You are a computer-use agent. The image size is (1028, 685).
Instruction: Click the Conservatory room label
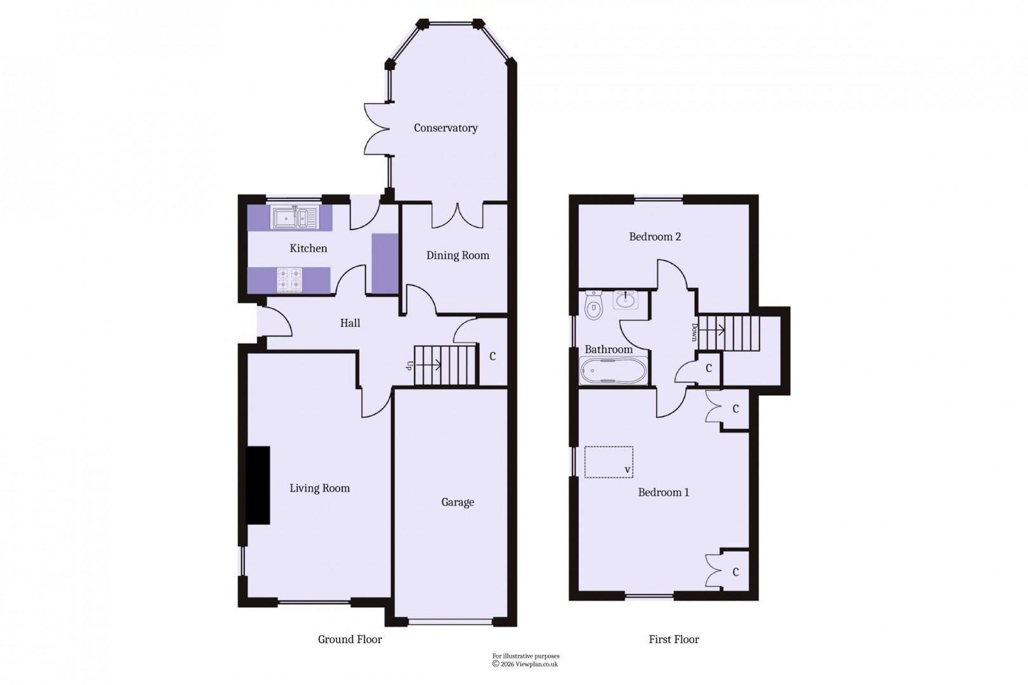pos(445,128)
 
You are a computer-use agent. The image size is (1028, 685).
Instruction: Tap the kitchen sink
pos(295,218)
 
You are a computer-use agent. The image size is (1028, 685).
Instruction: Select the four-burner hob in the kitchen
pos(289,280)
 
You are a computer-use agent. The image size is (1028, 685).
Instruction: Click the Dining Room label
pos(458,256)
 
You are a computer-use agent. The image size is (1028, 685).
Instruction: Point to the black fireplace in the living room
pos(258,485)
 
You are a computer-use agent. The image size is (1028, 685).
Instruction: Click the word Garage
pos(458,502)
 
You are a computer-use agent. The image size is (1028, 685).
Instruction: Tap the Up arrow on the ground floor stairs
pos(436,365)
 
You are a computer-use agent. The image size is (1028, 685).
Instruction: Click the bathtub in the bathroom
pos(613,371)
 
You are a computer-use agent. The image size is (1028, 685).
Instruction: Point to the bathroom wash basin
pos(627,299)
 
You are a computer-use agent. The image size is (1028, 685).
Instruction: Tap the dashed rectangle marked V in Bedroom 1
pos(609,462)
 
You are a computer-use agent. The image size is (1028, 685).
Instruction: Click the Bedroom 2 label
pos(655,237)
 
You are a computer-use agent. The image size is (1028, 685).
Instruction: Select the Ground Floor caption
pos(350,639)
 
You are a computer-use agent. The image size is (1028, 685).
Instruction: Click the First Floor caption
pos(673,639)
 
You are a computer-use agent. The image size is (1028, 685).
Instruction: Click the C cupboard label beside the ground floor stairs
pos(492,356)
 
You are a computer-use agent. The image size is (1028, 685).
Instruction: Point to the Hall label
pos(350,323)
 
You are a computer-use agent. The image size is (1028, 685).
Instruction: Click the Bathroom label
pos(608,349)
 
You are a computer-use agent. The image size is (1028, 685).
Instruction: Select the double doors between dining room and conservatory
pos(457,216)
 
